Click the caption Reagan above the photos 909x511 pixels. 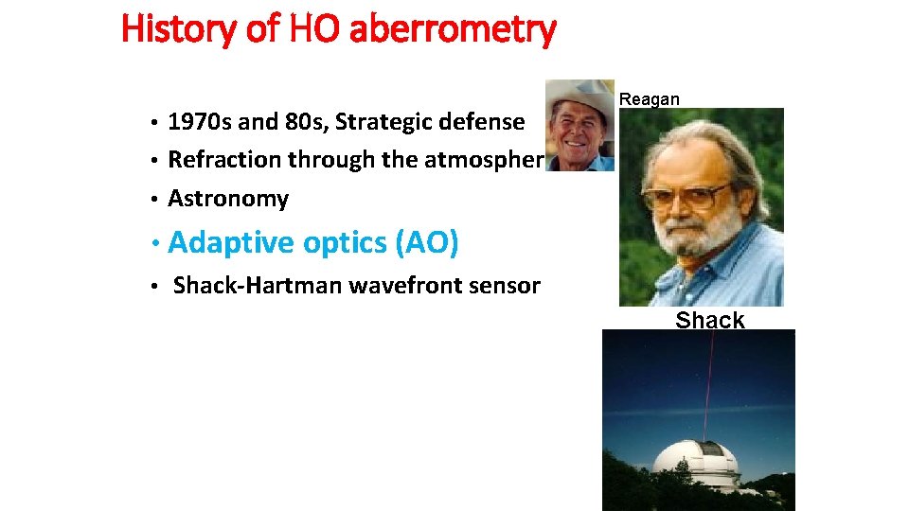649,99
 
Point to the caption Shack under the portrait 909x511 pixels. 709,320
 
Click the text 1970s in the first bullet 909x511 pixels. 199,122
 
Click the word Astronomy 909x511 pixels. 228,199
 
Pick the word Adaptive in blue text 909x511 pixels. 231,243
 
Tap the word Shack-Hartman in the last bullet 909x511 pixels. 258,285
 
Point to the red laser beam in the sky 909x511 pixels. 708,379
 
